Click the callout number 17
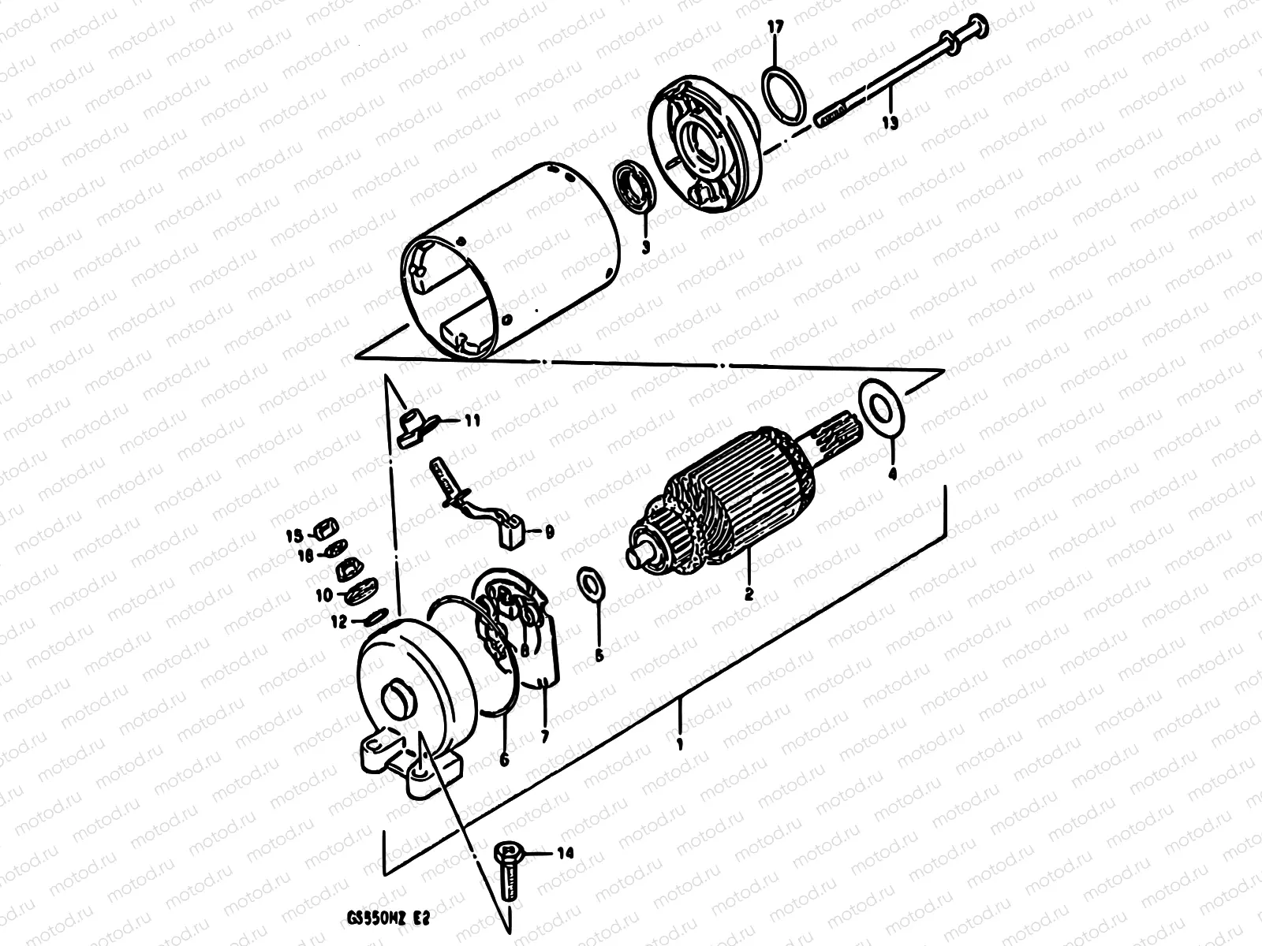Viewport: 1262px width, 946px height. [775, 28]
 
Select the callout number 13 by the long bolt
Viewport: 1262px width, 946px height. [890, 122]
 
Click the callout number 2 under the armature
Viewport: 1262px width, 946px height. [749, 594]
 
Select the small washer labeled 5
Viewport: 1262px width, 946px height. [588, 582]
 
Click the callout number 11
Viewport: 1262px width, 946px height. [472, 422]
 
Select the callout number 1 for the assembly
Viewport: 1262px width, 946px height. [681, 743]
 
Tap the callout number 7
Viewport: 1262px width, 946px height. [543, 736]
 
